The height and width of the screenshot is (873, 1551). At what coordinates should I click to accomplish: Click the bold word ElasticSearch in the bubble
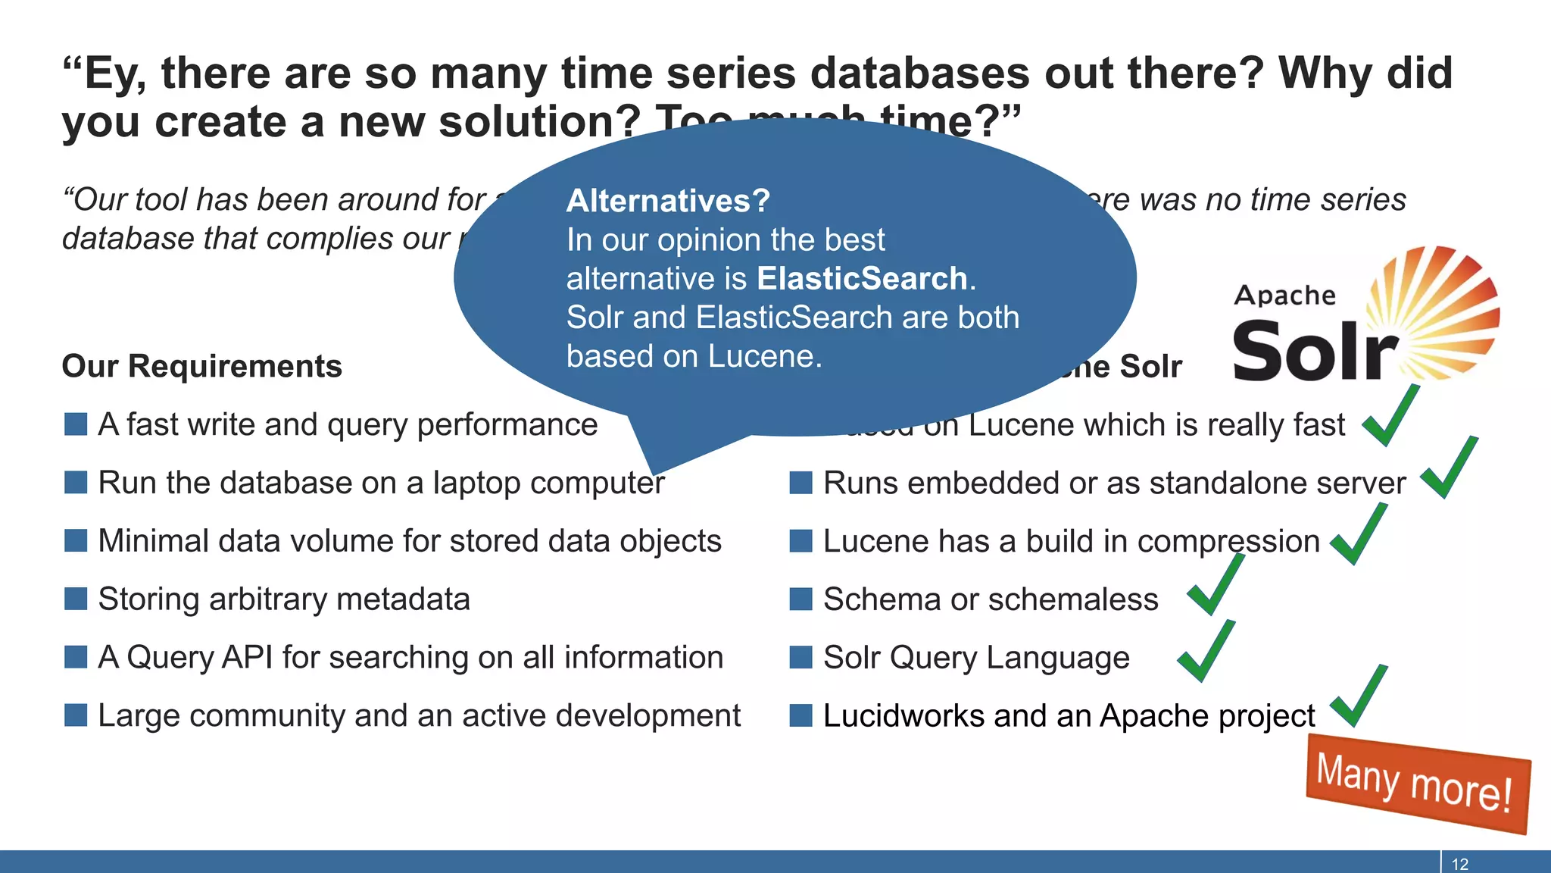(x=862, y=279)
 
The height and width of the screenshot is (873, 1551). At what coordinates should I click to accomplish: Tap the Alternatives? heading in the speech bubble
(x=668, y=201)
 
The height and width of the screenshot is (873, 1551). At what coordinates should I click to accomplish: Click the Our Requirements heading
(x=201, y=366)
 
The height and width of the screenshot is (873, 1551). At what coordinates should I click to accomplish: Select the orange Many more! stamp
(x=1416, y=784)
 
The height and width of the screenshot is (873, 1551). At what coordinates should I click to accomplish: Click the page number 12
(x=1459, y=864)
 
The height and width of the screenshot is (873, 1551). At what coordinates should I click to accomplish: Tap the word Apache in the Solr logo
(x=1284, y=296)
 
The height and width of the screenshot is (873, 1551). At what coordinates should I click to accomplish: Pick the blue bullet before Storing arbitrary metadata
(x=76, y=599)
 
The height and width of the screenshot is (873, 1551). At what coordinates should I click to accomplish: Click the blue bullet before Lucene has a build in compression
(x=800, y=541)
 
